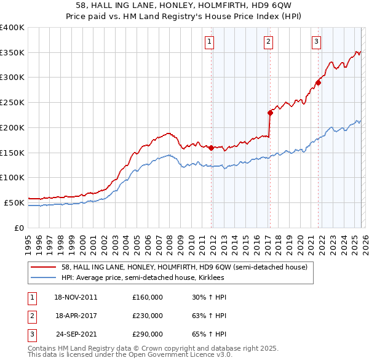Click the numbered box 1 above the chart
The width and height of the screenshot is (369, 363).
pyautogui.click(x=210, y=42)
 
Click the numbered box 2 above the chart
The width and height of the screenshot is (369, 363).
pyautogui.click(x=269, y=42)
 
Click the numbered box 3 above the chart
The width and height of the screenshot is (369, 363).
pyautogui.click(x=316, y=42)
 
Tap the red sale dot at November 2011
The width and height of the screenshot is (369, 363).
pyautogui.click(x=211, y=148)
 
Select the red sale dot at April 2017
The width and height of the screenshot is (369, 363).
pyautogui.click(x=270, y=113)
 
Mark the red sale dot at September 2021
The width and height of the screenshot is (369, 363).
pyautogui.click(x=318, y=82)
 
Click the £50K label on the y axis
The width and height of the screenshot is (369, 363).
pyautogui.click(x=14, y=202)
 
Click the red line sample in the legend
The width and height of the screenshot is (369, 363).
pyautogui.click(x=44, y=267)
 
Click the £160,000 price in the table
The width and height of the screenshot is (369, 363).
pyautogui.click(x=148, y=297)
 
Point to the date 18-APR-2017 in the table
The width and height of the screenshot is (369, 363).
pyautogui.click(x=76, y=316)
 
